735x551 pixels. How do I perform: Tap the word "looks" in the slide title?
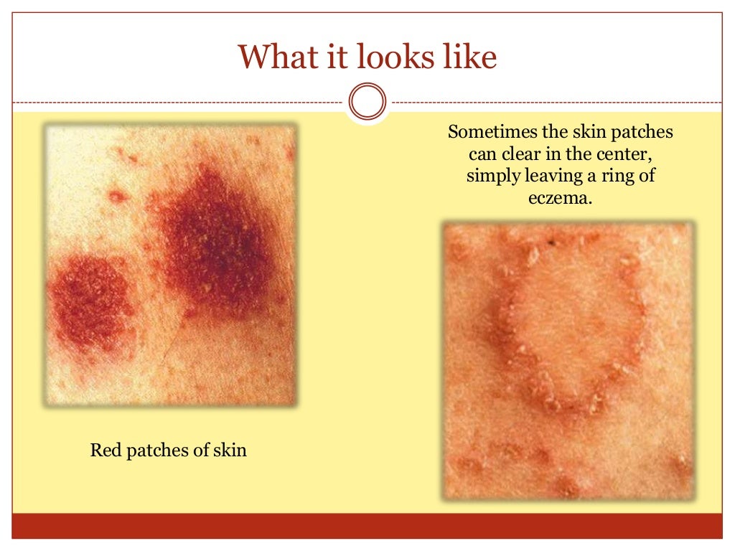[388, 57]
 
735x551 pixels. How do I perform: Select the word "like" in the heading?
[468, 57]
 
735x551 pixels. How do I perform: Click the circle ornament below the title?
[367, 102]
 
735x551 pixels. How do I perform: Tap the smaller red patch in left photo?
[90, 298]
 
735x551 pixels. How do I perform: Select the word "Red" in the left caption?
[105, 451]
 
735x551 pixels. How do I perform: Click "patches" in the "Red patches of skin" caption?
[159, 451]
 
